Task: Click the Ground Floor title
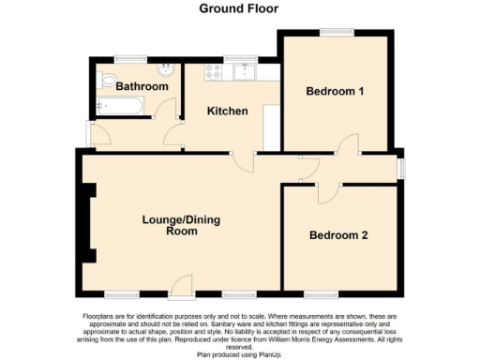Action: (x=238, y=8)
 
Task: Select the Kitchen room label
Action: (x=228, y=111)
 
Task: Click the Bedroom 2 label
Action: (x=338, y=234)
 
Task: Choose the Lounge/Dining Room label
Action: (x=170, y=225)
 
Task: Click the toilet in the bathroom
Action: (x=105, y=80)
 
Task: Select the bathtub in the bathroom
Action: (x=119, y=105)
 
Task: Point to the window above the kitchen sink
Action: (x=248, y=57)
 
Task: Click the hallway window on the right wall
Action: (x=401, y=167)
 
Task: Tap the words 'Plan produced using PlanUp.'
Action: (x=240, y=354)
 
